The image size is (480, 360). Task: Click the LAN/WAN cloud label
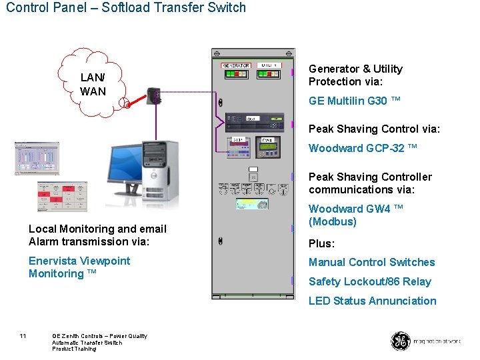pyautogui.click(x=93, y=85)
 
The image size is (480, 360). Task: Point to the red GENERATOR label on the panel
pyautogui.click(x=236, y=65)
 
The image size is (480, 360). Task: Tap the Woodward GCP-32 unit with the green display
pyautogui.click(x=267, y=145)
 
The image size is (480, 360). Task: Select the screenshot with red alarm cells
pyautogui.click(x=62, y=196)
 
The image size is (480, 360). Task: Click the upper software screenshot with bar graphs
pyautogui.click(x=37, y=158)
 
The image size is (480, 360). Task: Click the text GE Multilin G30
pyautogui.click(x=355, y=101)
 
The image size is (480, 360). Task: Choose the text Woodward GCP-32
pyautogui.click(x=363, y=148)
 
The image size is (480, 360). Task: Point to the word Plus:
pyautogui.click(x=321, y=243)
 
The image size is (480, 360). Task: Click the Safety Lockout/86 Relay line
pyautogui.click(x=370, y=281)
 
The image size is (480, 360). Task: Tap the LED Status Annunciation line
pyautogui.click(x=372, y=301)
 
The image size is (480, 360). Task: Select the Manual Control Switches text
pyautogui.click(x=371, y=262)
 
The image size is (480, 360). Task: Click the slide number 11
pyautogui.click(x=23, y=335)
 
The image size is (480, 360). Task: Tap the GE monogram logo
pyautogui.click(x=400, y=341)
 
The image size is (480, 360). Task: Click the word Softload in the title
pyautogui.click(x=125, y=8)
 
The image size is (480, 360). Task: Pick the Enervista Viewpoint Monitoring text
pyautogui.click(x=79, y=267)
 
